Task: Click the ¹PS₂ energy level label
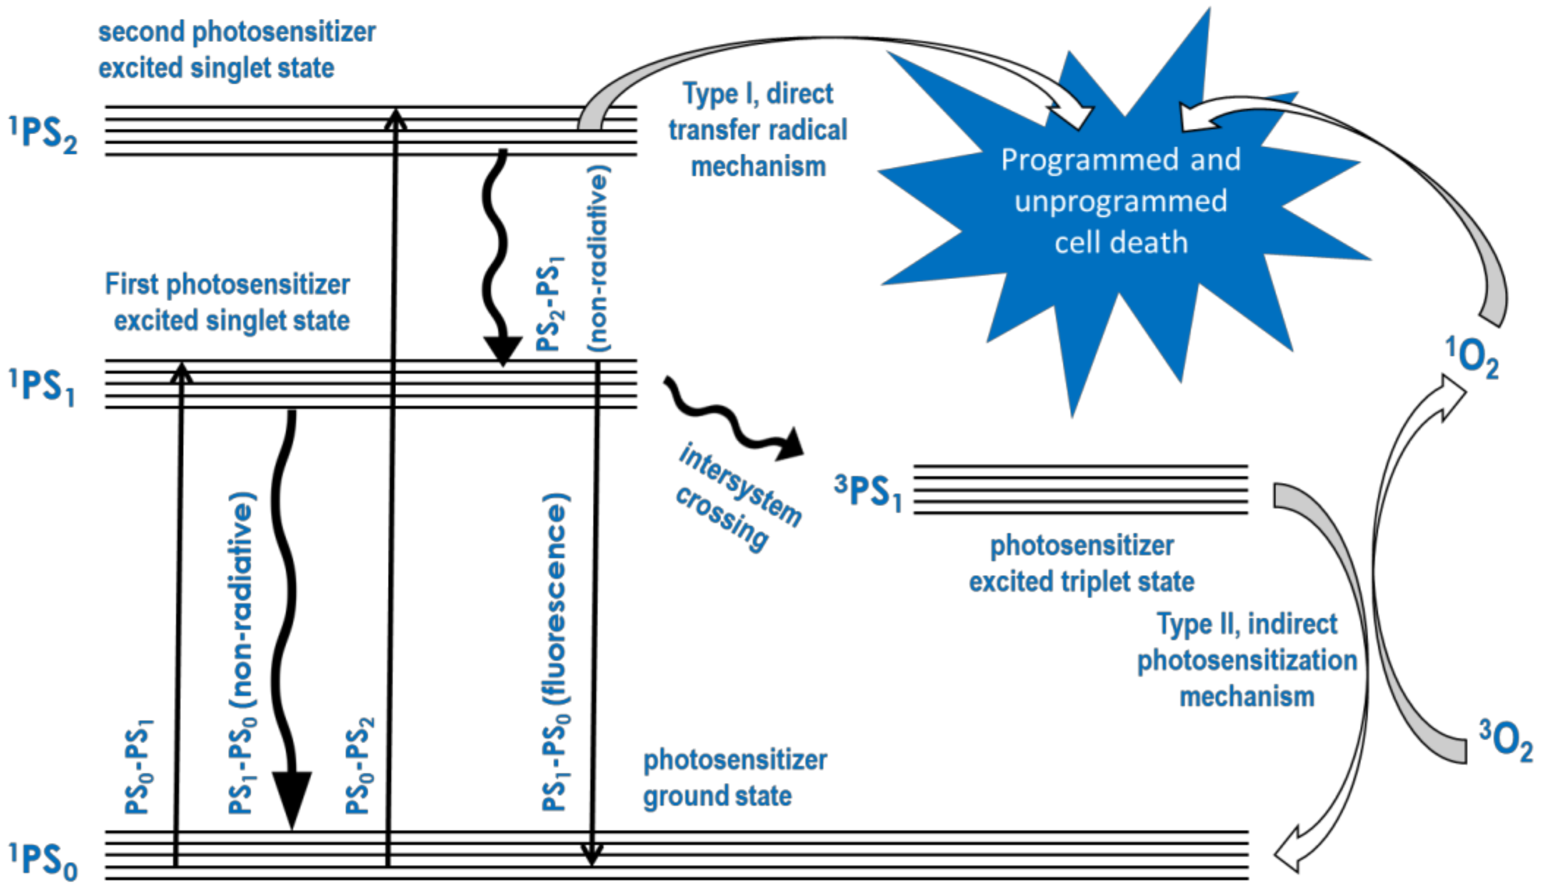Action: coord(43,134)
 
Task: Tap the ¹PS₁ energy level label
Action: coord(41,387)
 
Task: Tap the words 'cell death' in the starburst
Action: coord(1121,243)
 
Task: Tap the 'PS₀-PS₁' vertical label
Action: coord(139,766)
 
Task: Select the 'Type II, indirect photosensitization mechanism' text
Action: coord(1246,661)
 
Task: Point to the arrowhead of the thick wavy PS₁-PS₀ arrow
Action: coord(292,797)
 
